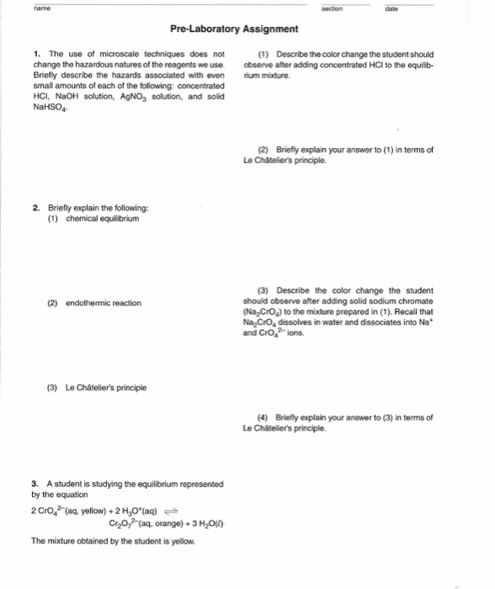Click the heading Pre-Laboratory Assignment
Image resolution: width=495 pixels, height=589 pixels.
[x=234, y=29]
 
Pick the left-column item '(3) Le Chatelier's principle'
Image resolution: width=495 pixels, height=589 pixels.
[x=96, y=388]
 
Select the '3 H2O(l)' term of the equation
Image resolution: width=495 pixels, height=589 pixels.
[x=202, y=522]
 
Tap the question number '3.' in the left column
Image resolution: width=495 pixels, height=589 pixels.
[x=35, y=484]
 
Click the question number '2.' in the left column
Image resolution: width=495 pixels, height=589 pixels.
[x=35, y=207]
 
